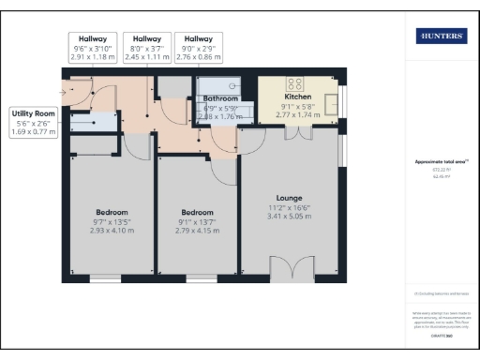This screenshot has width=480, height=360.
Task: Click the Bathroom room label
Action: click(x=220, y=97)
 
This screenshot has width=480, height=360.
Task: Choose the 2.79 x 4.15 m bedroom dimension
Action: click(x=199, y=231)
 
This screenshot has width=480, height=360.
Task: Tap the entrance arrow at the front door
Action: click(x=64, y=92)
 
